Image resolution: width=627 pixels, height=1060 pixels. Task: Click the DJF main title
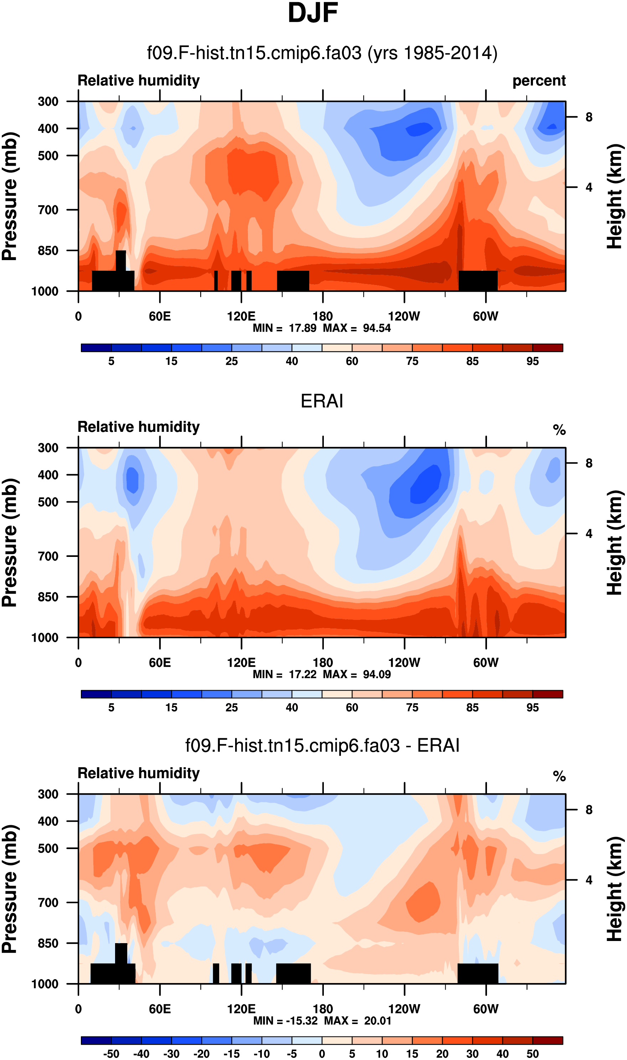pos(313,13)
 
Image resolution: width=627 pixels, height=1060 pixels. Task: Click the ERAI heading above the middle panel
pos(322,401)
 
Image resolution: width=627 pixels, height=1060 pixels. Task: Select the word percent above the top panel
pos(539,81)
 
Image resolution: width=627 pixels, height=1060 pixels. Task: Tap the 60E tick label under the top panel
pos(160,316)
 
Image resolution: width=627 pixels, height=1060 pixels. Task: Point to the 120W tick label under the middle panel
pos(404,662)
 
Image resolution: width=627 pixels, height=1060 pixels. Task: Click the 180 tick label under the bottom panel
pos(323,1009)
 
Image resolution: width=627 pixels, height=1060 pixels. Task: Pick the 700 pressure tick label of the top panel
pos(48,210)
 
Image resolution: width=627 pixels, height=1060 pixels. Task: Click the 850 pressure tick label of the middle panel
pos(48,597)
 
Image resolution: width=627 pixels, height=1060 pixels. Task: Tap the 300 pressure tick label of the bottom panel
pos(48,794)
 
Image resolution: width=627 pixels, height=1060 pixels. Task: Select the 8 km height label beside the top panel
pos(589,117)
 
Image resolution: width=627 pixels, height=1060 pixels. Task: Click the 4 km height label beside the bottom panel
pos(589,880)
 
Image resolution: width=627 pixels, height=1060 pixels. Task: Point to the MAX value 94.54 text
pos(377,328)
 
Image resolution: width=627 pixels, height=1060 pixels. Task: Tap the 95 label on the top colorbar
pos(532,361)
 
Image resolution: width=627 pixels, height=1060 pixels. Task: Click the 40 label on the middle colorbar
pos(291,707)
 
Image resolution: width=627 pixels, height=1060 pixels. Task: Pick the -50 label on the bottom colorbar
pos(111,1054)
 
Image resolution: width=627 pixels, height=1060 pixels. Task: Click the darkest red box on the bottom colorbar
pos(548,1040)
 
